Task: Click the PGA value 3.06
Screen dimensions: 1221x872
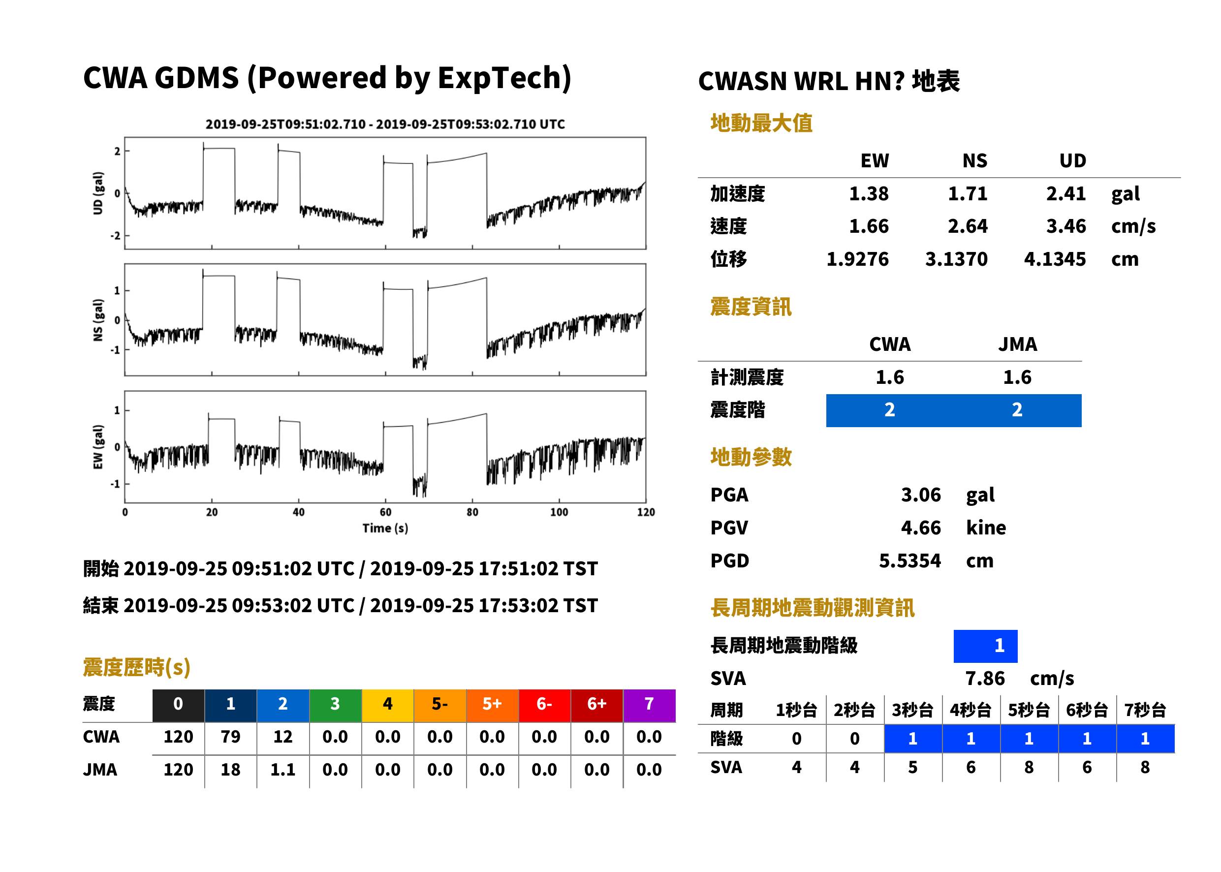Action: tap(921, 495)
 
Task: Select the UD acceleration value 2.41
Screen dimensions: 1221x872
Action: tap(1066, 193)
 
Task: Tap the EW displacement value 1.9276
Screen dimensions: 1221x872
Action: tap(857, 259)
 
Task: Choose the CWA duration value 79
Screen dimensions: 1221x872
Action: tap(230, 737)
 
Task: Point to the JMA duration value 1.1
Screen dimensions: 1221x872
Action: tap(283, 770)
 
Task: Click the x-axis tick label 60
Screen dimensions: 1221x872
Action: tap(385, 512)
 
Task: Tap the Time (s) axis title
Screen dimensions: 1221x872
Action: tap(385, 529)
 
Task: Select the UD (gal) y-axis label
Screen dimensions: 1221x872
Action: tap(98, 193)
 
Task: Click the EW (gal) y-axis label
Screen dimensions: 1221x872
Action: tap(98, 447)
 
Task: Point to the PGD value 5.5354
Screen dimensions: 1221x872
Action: tap(909, 561)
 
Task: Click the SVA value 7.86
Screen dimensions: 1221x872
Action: tap(985, 678)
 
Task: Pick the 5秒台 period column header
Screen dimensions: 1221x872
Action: tap(1029, 710)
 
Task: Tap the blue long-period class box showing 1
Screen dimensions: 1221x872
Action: tap(985, 646)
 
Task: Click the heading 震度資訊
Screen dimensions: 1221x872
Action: tap(751, 307)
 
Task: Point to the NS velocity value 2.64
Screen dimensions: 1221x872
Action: tap(968, 226)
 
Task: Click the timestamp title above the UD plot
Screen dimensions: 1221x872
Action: tap(385, 124)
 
